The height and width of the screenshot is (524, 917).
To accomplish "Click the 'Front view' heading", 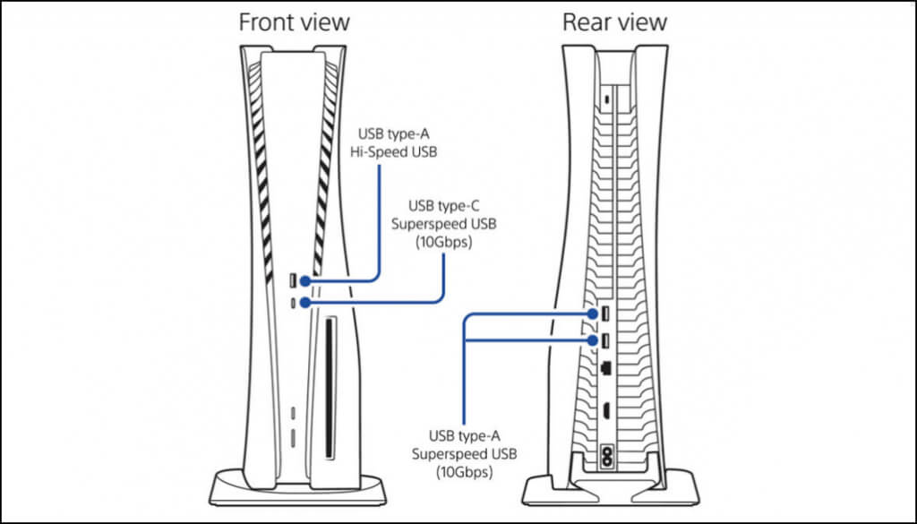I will (x=294, y=22).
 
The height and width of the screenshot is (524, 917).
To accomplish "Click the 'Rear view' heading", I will (x=614, y=22).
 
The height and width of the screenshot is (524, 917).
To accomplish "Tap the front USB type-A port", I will (x=294, y=282).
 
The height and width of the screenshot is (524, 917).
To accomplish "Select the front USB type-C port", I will (x=294, y=303).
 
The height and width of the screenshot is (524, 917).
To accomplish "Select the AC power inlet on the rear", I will (x=609, y=453).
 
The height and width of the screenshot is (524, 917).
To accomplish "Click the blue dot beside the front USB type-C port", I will (x=305, y=303).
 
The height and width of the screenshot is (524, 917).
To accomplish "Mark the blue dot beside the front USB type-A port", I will (x=305, y=282).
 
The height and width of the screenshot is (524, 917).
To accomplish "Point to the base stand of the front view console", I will (x=294, y=489).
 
